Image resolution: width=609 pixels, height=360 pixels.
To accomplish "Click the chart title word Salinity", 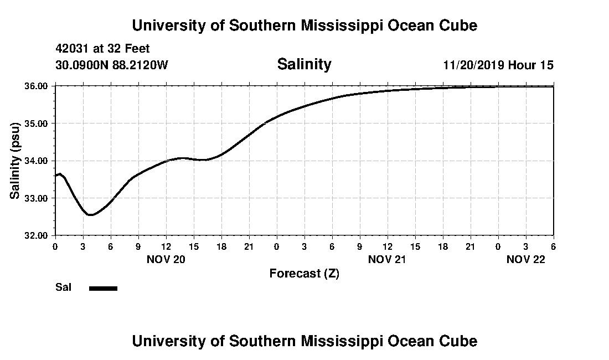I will (x=304, y=64).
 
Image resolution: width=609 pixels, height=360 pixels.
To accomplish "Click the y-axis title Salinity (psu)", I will (x=16, y=161).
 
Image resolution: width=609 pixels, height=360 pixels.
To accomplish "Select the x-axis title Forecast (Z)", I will (x=304, y=274).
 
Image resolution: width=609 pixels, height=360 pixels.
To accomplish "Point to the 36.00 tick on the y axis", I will (x=37, y=86).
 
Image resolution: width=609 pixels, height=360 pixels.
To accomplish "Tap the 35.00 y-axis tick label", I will (x=37, y=124).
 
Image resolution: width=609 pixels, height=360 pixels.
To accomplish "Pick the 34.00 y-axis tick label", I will (x=37, y=161).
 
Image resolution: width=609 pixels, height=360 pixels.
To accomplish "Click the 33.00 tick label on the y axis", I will (x=37, y=198).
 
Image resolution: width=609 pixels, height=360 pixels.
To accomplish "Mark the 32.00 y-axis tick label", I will (x=37, y=235).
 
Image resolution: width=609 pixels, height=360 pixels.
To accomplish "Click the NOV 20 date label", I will (x=166, y=259).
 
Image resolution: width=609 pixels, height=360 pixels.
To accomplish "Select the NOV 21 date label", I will (x=387, y=259).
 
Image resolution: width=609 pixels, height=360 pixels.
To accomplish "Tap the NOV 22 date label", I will (x=526, y=259).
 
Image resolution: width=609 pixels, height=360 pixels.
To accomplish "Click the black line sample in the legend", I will (x=104, y=288).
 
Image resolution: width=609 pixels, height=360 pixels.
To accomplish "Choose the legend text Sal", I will (x=64, y=287).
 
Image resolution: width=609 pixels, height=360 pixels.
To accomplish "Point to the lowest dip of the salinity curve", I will (x=90, y=215).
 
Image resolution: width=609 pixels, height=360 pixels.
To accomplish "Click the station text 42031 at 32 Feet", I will (x=103, y=49).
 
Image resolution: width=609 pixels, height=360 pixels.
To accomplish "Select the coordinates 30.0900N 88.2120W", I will (x=112, y=65).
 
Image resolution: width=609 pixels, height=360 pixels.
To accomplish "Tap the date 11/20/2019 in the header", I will (x=473, y=65).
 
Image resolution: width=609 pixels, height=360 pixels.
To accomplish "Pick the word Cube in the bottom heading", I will (x=460, y=341).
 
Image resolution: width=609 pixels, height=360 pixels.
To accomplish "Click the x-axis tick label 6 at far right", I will (x=553, y=246).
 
